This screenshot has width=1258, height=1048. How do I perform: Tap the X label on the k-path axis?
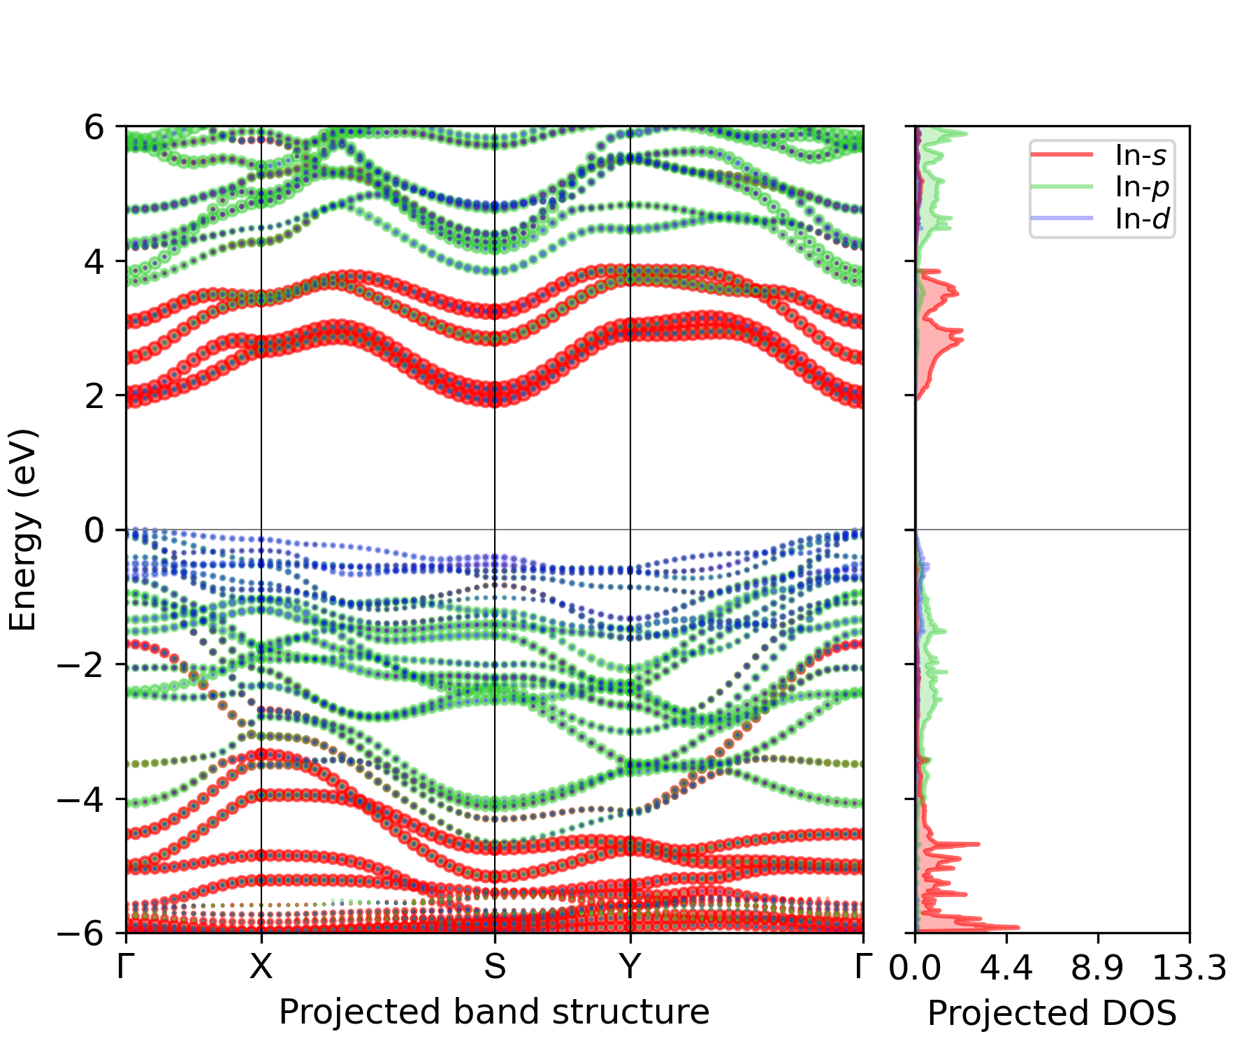261,967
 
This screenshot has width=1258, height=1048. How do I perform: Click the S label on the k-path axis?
495,967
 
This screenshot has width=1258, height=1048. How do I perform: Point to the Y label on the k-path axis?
630,967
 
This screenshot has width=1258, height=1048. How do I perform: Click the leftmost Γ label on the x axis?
126,967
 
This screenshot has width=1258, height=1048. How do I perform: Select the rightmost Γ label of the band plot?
864,967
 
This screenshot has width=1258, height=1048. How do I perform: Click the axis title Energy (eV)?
22,530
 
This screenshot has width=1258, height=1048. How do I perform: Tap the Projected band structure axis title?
494,1012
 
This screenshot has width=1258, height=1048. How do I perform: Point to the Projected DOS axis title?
1052,1013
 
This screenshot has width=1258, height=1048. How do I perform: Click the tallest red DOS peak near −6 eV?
1017,928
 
